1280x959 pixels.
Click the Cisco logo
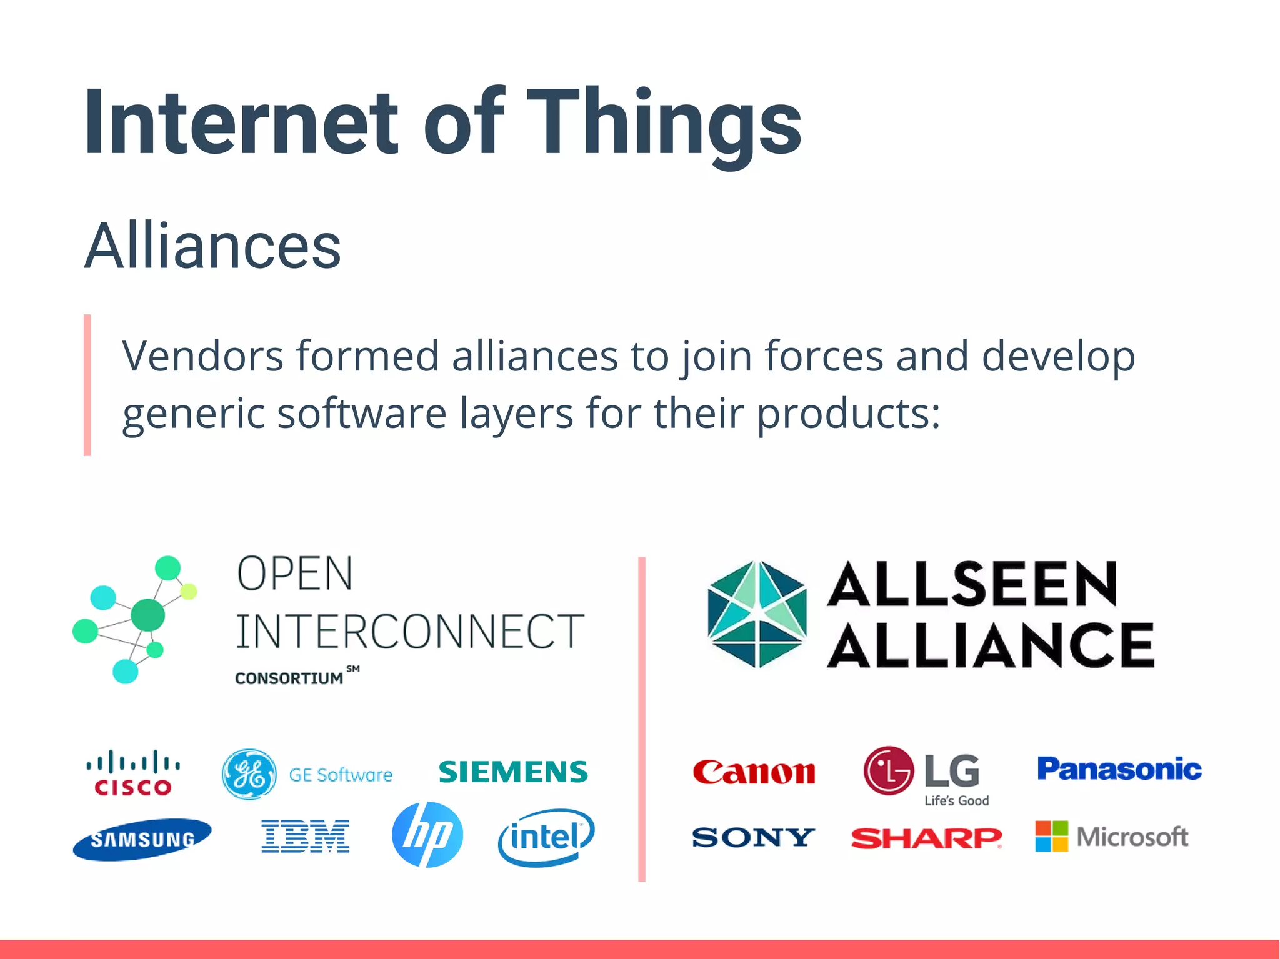tap(133, 773)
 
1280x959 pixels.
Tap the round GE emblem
tap(249, 775)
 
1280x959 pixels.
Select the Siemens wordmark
tap(513, 772)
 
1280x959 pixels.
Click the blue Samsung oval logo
tap(142, 839)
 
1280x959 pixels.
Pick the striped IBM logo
tap(306, 837)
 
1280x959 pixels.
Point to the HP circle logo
tap(427, 835)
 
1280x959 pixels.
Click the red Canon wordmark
tap(754, 772)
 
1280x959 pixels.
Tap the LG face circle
tap(889, 770)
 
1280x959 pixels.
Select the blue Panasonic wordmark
tap(1119, 769)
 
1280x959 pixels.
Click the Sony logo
tap(753, 837)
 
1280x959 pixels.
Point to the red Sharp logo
tap(926, 838)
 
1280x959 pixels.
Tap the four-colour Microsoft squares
tap(1051, 837)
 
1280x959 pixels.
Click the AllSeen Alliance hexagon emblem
tap(757, 614)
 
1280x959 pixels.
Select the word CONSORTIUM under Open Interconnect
tap(289, 678)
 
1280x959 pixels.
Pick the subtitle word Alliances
tap(212, 246)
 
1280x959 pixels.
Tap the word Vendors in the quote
tap(202, 356)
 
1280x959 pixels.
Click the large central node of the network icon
tap(147, 615)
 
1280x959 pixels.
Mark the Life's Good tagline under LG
tap(956, 801)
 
